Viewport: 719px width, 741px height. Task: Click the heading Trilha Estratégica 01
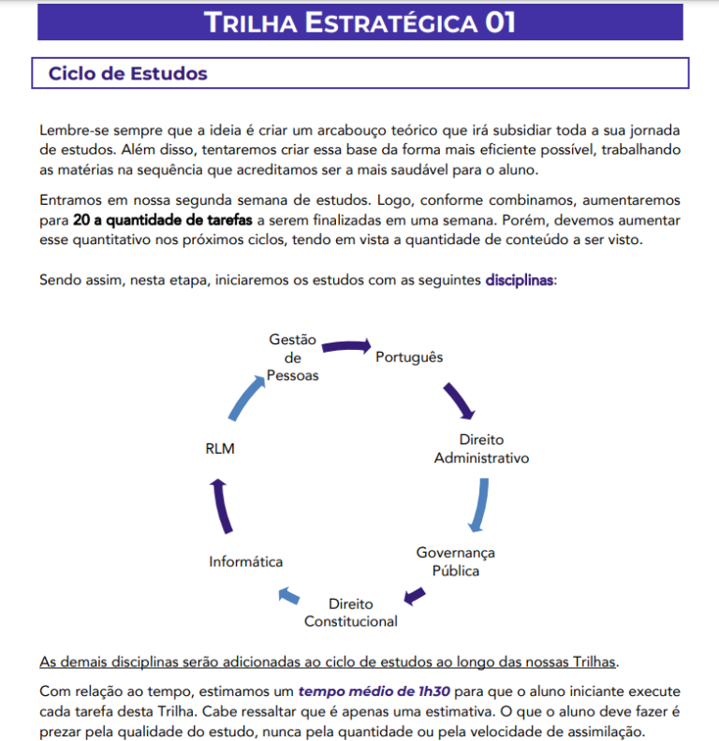(x=359, y=22)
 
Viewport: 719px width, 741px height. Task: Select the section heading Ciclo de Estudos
(x=128, y=73)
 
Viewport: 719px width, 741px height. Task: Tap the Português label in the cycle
(x=409, y=357)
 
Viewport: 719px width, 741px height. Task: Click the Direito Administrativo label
(x=481, y=449)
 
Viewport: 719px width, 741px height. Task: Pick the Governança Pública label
(x=456, y=561)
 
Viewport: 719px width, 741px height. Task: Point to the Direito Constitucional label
(x=351, y=613)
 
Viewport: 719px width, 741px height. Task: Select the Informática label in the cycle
(x=246, y=561)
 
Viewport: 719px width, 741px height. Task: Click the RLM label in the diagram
(x=220, y=449)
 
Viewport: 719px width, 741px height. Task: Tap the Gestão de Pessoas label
(x=292, y=357)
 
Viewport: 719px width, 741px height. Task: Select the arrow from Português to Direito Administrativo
(x=460, y=400)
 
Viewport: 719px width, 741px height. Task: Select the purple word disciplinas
(x=520, y=280)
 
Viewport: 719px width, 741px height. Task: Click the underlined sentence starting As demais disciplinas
(x=329, y=662)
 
